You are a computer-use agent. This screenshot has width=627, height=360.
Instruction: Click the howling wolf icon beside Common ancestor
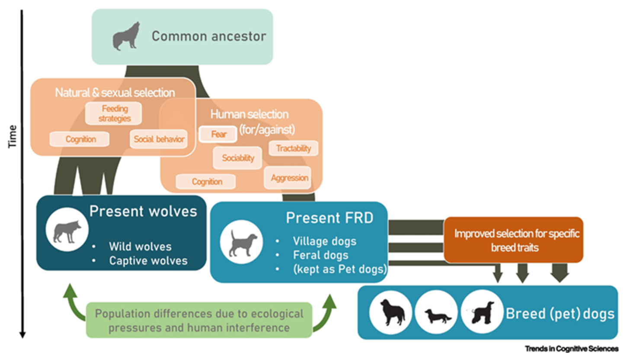(x=125, y=36)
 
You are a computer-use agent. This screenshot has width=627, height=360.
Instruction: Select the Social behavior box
(x=159, y=139)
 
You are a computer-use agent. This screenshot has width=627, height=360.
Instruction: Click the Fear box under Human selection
(x=218, y=134)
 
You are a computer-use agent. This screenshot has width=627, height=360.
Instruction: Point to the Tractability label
(x=294, y=148)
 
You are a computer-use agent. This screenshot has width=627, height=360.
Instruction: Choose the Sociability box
(x=238, y=158)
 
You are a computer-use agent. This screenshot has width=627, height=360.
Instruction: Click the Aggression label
(x=289, y=177)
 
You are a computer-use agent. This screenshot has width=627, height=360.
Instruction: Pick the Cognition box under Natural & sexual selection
(x=80, y=139)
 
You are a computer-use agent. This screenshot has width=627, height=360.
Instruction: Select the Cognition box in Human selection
(x=206, y=182)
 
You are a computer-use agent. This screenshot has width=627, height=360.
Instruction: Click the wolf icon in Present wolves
(x=67, y=231)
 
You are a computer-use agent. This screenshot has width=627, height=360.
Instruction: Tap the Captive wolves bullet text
(x=148, y=261)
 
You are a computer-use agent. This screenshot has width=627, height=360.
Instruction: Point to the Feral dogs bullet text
(x=320, y=255)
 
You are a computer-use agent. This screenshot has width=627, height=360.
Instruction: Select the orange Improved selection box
(x=513, y=240)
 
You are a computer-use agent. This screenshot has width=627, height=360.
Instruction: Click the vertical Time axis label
(x=13, y=136)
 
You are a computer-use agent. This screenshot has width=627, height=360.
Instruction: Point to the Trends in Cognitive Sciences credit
(x=571, y=349)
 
